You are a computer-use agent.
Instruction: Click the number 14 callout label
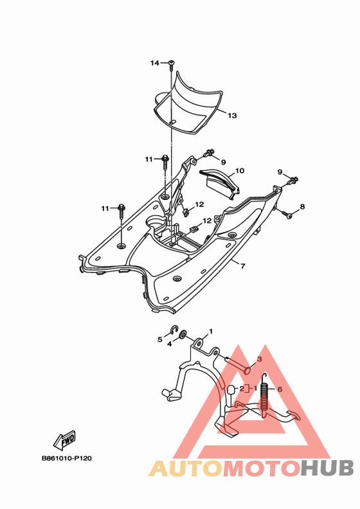pyautogui.click(x=154, y=63)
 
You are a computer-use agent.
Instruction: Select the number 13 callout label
pyautogui.click(x=232, y=116)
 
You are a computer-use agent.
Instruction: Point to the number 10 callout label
pyautogui.click(x=240, y=171)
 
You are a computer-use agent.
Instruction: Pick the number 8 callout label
pyautogui.click(x=302, y=206)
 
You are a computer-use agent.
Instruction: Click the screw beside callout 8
pyautogui.click(x=287, y=214)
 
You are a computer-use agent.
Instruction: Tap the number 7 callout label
pyautogui.click(x=243, y=266)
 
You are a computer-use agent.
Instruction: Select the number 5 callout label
pyautogui.click(x=159, y=339)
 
